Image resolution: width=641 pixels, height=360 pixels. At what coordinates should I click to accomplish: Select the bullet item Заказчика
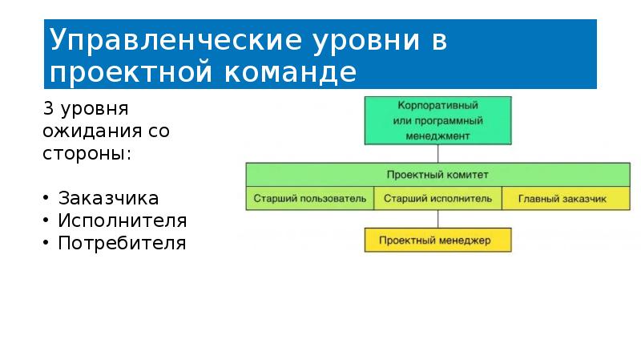click(107, 198)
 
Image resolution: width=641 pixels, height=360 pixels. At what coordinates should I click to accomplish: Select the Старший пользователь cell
click(309, 198)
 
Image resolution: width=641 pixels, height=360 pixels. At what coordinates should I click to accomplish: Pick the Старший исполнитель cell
click(437, 198)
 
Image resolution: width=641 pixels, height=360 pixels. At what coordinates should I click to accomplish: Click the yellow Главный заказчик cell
click(566, 198)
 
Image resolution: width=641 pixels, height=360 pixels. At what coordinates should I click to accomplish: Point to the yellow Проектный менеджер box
click(437, 240)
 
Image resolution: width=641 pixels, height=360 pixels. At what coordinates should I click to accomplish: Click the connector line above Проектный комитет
click(437, 154)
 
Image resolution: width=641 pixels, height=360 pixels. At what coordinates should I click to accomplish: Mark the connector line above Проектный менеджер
click(437, 219)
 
